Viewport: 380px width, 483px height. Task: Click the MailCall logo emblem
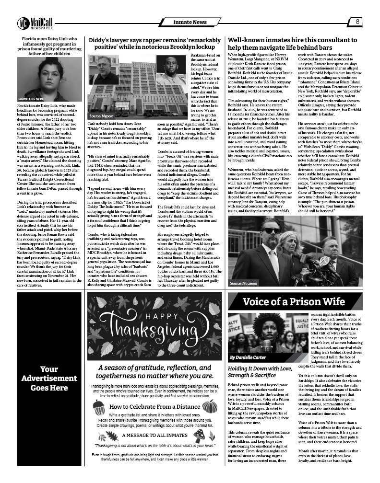[23, 22]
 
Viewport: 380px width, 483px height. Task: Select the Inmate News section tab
[190, 22]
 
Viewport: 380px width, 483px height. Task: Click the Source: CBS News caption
[30, 98]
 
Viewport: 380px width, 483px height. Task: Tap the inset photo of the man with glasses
[104, 70]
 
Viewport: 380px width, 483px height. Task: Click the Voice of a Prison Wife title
[294, 301]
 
